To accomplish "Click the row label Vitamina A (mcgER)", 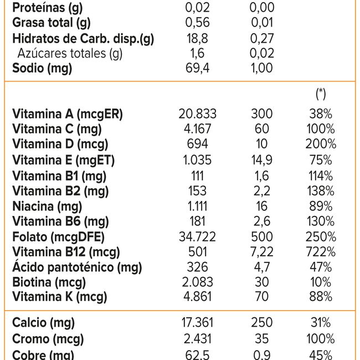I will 68,114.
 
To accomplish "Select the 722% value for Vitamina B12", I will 321,253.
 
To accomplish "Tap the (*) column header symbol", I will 321,94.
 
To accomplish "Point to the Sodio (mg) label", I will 42,69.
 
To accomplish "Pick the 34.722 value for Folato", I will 198,237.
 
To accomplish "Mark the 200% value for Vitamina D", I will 321,145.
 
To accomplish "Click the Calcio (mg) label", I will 43,322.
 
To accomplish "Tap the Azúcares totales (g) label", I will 70,54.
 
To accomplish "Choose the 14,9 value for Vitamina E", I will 261,161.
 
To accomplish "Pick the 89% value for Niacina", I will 321,207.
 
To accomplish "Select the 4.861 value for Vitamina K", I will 198,297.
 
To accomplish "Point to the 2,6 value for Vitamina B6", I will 261,222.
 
